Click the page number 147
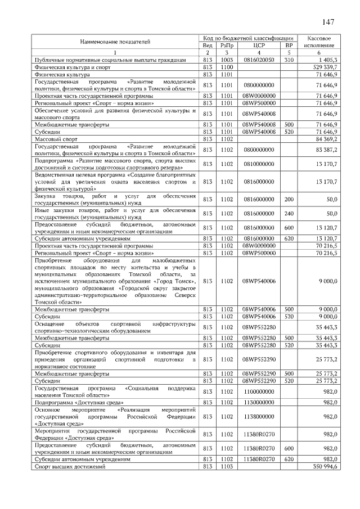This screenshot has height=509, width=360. click(329, 22)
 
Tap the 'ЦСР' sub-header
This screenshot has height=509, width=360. click(259, 45)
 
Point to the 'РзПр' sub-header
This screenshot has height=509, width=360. click(227, 45)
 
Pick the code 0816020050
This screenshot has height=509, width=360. click(259, 60)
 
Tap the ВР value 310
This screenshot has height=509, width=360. click(289, 60)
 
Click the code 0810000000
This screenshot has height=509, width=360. click(259, 164)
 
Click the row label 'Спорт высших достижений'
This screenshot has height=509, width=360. click(62, 467)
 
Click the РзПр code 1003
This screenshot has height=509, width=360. click(227, 60)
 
